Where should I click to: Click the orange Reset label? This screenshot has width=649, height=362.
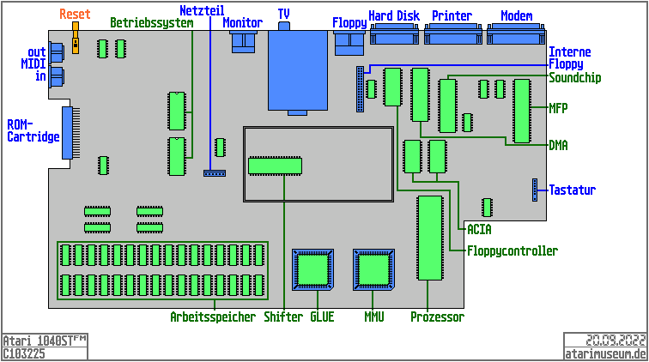[75, 15]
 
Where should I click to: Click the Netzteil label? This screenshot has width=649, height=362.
[202, 10]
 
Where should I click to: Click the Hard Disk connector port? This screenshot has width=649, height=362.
[396, 35]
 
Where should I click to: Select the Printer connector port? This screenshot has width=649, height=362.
[452, 35]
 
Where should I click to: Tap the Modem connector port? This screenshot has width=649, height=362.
[517, 35]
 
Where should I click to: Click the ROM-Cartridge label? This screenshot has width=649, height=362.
[33, 130]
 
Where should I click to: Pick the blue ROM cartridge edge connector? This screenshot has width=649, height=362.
[68, 133]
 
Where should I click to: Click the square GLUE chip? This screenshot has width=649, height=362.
[312, 269]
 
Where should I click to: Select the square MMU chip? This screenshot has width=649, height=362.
[374, 269]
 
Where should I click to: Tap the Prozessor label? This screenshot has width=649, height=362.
[437, 317]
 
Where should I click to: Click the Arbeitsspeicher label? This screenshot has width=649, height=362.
[213, 317]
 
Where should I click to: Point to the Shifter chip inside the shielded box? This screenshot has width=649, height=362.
[275, 166]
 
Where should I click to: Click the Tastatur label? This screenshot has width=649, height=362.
[572, 190]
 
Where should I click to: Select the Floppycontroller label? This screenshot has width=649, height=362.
[512, 251]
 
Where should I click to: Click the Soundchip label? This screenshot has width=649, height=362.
[574, 78]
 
